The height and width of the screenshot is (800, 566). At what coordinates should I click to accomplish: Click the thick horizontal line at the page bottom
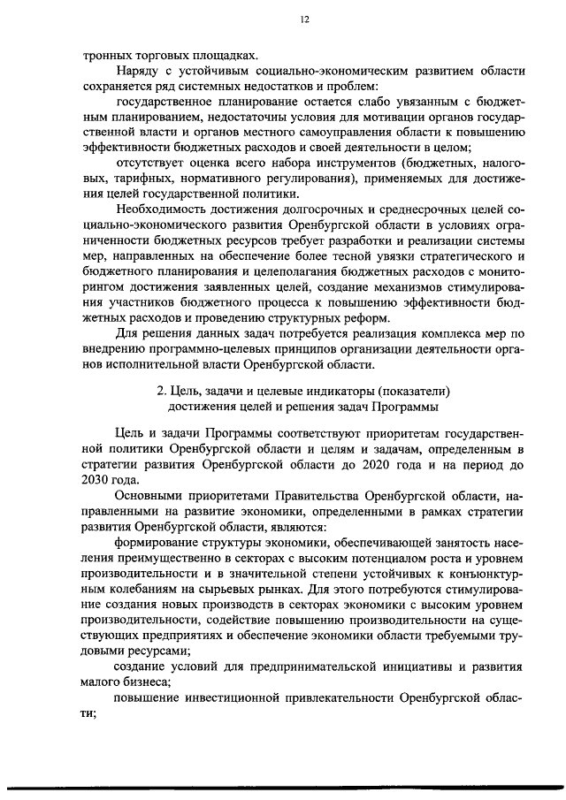283,789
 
